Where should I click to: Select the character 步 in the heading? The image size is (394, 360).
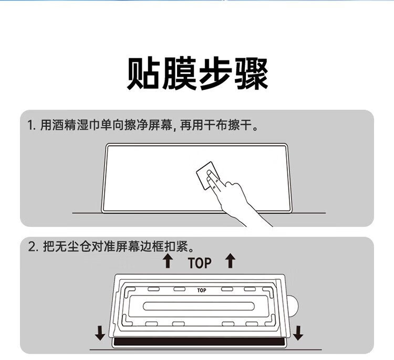pos(215,73)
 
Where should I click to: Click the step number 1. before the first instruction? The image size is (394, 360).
pos(32,125)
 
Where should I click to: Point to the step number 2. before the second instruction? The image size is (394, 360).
pos(33,247)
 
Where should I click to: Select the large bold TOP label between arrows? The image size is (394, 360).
pos(200,263)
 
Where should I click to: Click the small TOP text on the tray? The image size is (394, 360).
pos(202,290)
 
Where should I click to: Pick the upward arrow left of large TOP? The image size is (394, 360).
pos(168,261)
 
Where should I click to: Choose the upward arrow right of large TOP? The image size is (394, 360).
pos(230,261)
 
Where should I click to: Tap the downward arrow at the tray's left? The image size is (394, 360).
pos(100,333)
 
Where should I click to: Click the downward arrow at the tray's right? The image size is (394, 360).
pos(298,333)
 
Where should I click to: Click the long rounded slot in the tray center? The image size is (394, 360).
pos(199,306)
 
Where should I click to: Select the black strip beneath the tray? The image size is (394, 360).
pos(199,342)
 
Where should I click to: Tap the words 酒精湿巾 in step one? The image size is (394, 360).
pos(76,125)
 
